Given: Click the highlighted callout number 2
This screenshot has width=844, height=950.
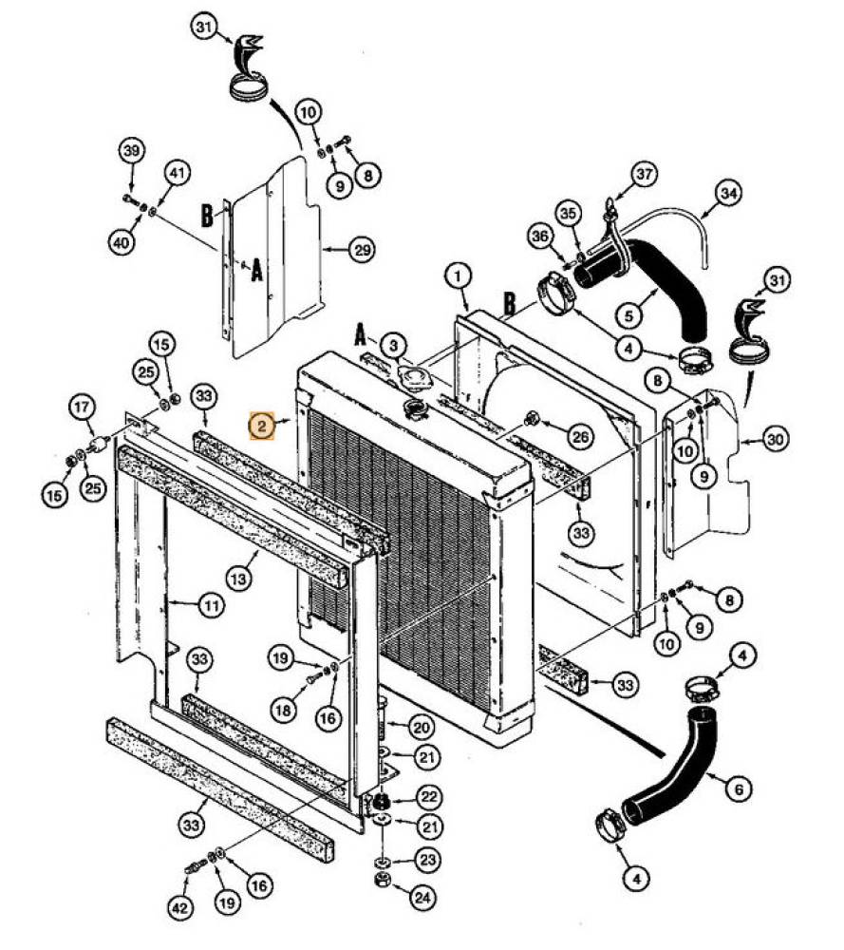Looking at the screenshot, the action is (x=262, y=426).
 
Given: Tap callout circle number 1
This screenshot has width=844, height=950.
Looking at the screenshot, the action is (x=459, y=276).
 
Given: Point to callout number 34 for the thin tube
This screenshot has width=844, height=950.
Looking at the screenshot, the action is (x=728, y=193).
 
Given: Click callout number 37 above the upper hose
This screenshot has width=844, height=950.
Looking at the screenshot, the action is (x=644, y=175).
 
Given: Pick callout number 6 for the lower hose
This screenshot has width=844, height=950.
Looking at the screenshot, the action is (x=739, y=788).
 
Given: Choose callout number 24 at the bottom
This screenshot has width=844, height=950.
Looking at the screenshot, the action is (x=422, y=896).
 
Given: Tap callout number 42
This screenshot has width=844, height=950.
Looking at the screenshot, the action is (x=180, y=907).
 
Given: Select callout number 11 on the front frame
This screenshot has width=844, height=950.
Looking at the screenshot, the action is (x=212, y=604).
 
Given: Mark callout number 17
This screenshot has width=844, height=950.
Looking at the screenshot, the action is (x=83, y=407).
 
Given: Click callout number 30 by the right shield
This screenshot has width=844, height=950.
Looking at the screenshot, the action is (x=776, y=439).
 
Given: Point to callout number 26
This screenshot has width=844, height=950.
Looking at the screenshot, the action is (x=580, y=436).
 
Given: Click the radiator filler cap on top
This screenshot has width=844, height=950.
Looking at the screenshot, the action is (x=415, y=408).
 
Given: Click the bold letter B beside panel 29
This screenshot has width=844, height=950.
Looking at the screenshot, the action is (x=207, y=215).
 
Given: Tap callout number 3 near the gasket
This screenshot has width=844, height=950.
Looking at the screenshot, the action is (x=394, y=346).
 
